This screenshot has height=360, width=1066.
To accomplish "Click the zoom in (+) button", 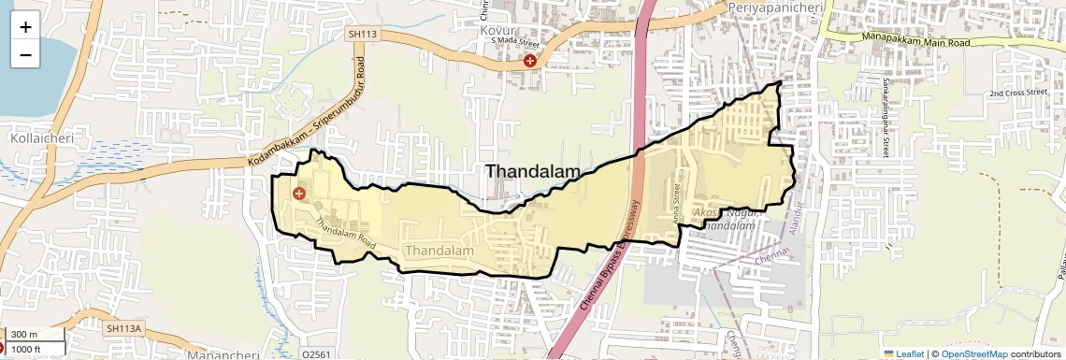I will click(25, 27).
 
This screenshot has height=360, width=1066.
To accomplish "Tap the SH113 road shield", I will click(359, 34).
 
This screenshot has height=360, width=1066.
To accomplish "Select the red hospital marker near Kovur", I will click(530, 61).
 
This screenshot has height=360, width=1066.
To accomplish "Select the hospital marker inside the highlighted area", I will click(299, 194).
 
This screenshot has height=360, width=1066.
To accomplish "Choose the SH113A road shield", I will click(123, 328).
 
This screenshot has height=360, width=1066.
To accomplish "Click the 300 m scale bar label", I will click(24, 335).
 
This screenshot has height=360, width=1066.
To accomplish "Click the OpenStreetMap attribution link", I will click(974, 353).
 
